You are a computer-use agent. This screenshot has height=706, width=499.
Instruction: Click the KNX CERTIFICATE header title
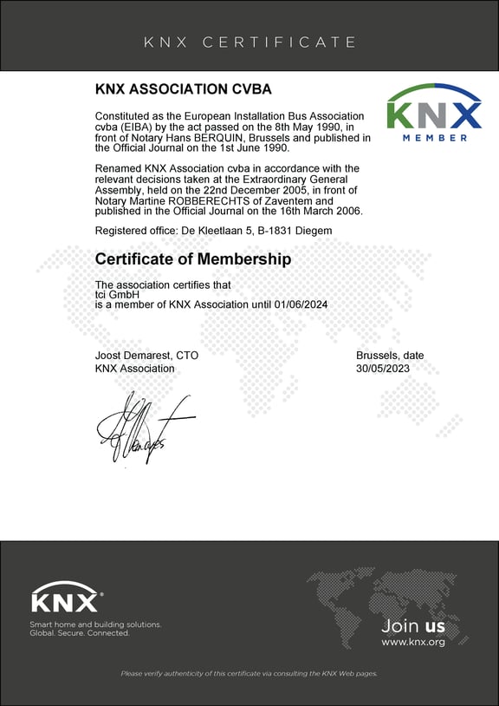tap(249, 42)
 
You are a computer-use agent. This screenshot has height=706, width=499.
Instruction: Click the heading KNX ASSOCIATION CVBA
tap(183, 90)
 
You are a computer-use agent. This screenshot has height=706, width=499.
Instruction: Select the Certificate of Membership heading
tap(193, 259)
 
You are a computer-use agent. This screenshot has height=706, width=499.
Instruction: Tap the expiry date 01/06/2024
tap(299, 304)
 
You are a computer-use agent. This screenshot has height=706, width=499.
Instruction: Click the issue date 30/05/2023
tap(383, 369)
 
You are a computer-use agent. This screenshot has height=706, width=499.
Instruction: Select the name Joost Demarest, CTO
tap(146, 356)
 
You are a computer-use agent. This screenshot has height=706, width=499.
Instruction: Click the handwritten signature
tap(139, 427)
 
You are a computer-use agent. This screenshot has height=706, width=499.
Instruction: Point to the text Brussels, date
tap(390, 356)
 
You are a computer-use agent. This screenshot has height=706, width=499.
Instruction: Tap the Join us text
tap(413, 625)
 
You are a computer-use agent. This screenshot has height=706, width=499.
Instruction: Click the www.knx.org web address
tap(413, 643)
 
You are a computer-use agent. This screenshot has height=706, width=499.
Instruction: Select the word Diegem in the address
tap(311, 230)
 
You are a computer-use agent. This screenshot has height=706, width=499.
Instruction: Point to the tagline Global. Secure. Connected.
tap(80, 633)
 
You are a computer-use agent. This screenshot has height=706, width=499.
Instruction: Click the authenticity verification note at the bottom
tap(249, 674)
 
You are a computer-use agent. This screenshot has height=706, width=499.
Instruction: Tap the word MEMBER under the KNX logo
tap(436, 137)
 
